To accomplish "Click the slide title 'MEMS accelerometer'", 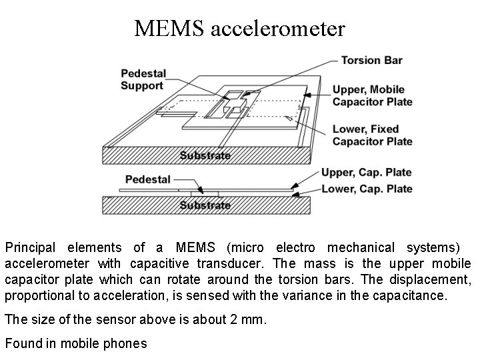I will coord(239,28).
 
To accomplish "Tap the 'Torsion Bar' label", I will coord(371,60).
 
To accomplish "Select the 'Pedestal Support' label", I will coord(143,79).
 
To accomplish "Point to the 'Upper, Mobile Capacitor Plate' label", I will coord(372,95).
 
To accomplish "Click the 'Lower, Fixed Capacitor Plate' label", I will coord(372,135).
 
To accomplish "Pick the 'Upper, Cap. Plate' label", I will coord(366,173).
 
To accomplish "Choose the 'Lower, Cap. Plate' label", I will coord(367,189).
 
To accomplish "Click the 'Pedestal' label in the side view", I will coord(148,179).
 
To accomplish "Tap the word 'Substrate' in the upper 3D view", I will coord(205,156).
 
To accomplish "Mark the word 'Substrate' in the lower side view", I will coord(205,205).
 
